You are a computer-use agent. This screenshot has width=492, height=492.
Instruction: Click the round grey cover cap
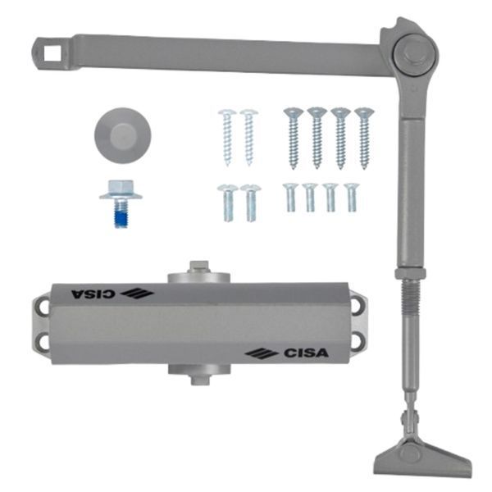click(123, 135)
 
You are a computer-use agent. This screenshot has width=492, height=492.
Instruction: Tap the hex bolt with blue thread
click(121, 203)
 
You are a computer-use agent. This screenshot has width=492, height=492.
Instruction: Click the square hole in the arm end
click(52, 53)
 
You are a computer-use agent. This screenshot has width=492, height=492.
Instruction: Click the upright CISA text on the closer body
click(307, 353)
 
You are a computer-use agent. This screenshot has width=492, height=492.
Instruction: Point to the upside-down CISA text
click(93, 294)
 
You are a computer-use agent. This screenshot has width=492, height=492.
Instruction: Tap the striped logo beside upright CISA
click(262, 354)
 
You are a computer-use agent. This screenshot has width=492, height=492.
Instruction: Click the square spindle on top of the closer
click(199, 267)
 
